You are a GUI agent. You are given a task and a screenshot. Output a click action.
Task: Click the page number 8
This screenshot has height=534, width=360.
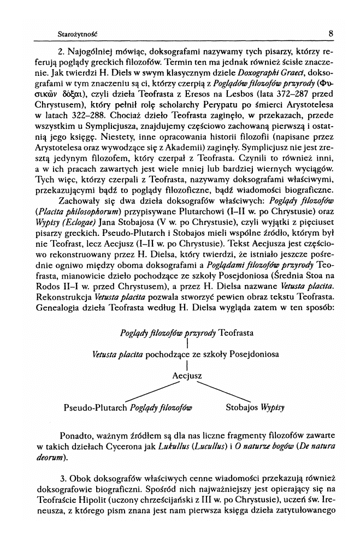[x=331, y=33]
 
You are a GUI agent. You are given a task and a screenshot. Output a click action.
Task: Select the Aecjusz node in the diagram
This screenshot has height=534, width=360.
[x=187, y=376]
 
